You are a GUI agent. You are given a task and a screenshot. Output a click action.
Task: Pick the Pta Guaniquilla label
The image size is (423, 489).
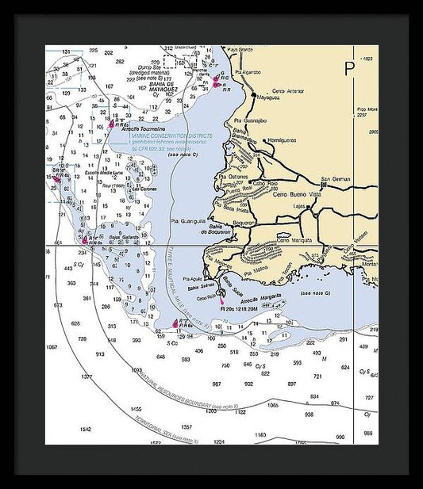[x=188, y=221]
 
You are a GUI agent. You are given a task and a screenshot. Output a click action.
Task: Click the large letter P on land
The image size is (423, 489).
[x=350, y=69]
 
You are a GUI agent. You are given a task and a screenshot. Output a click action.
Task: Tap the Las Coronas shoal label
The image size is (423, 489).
[x=146, y=189]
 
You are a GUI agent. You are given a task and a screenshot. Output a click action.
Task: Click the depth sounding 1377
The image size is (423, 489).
[x=87, y=376]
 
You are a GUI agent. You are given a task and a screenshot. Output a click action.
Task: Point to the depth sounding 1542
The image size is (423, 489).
[x=86, y=429]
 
